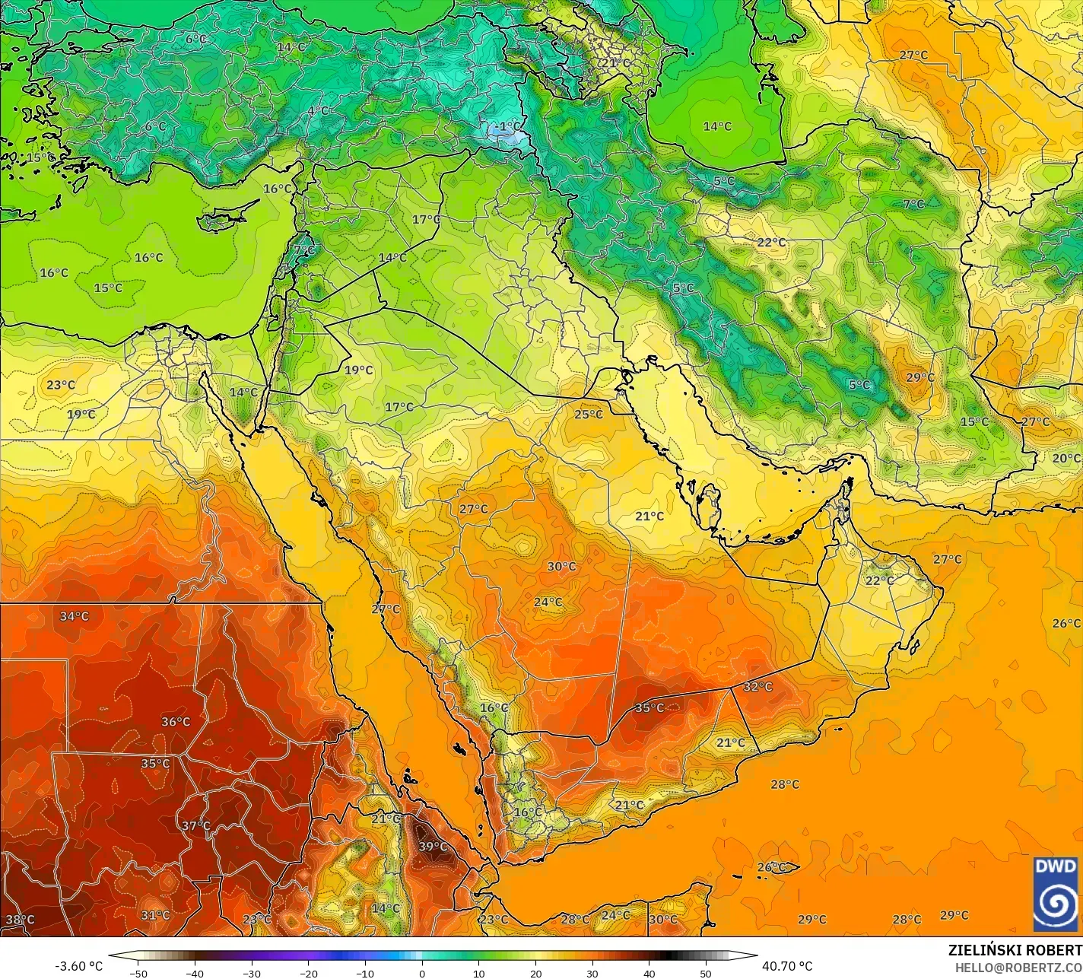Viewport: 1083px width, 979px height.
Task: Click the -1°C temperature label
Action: [508, 126]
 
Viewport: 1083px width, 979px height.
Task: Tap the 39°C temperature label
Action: [433, 847]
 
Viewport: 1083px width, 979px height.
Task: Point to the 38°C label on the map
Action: [20, 920]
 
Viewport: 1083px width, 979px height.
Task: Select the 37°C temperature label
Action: [195, 825]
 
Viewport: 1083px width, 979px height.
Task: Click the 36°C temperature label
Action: [176, 721]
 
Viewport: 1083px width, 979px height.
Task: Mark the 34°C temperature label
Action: [75, 616]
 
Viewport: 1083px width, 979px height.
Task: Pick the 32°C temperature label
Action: [757, 687]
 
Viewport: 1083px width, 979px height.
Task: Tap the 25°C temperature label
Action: [588, 415]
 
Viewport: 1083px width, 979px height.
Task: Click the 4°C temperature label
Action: [318, 111]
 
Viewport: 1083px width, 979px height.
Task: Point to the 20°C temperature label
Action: [1066, 458]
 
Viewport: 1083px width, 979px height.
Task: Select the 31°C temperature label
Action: [155, 915]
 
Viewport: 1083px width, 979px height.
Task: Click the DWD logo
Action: [1056, 894]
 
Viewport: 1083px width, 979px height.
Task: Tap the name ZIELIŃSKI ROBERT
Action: [1015, 951]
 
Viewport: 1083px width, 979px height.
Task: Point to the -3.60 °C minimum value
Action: [78, 966]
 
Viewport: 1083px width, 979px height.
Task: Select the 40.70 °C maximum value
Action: [787, 966]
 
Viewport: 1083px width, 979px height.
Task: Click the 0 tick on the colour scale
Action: [422, 974]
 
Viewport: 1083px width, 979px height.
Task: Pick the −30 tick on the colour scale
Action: [252, 974]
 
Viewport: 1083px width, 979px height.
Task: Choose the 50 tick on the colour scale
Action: [706, 974]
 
